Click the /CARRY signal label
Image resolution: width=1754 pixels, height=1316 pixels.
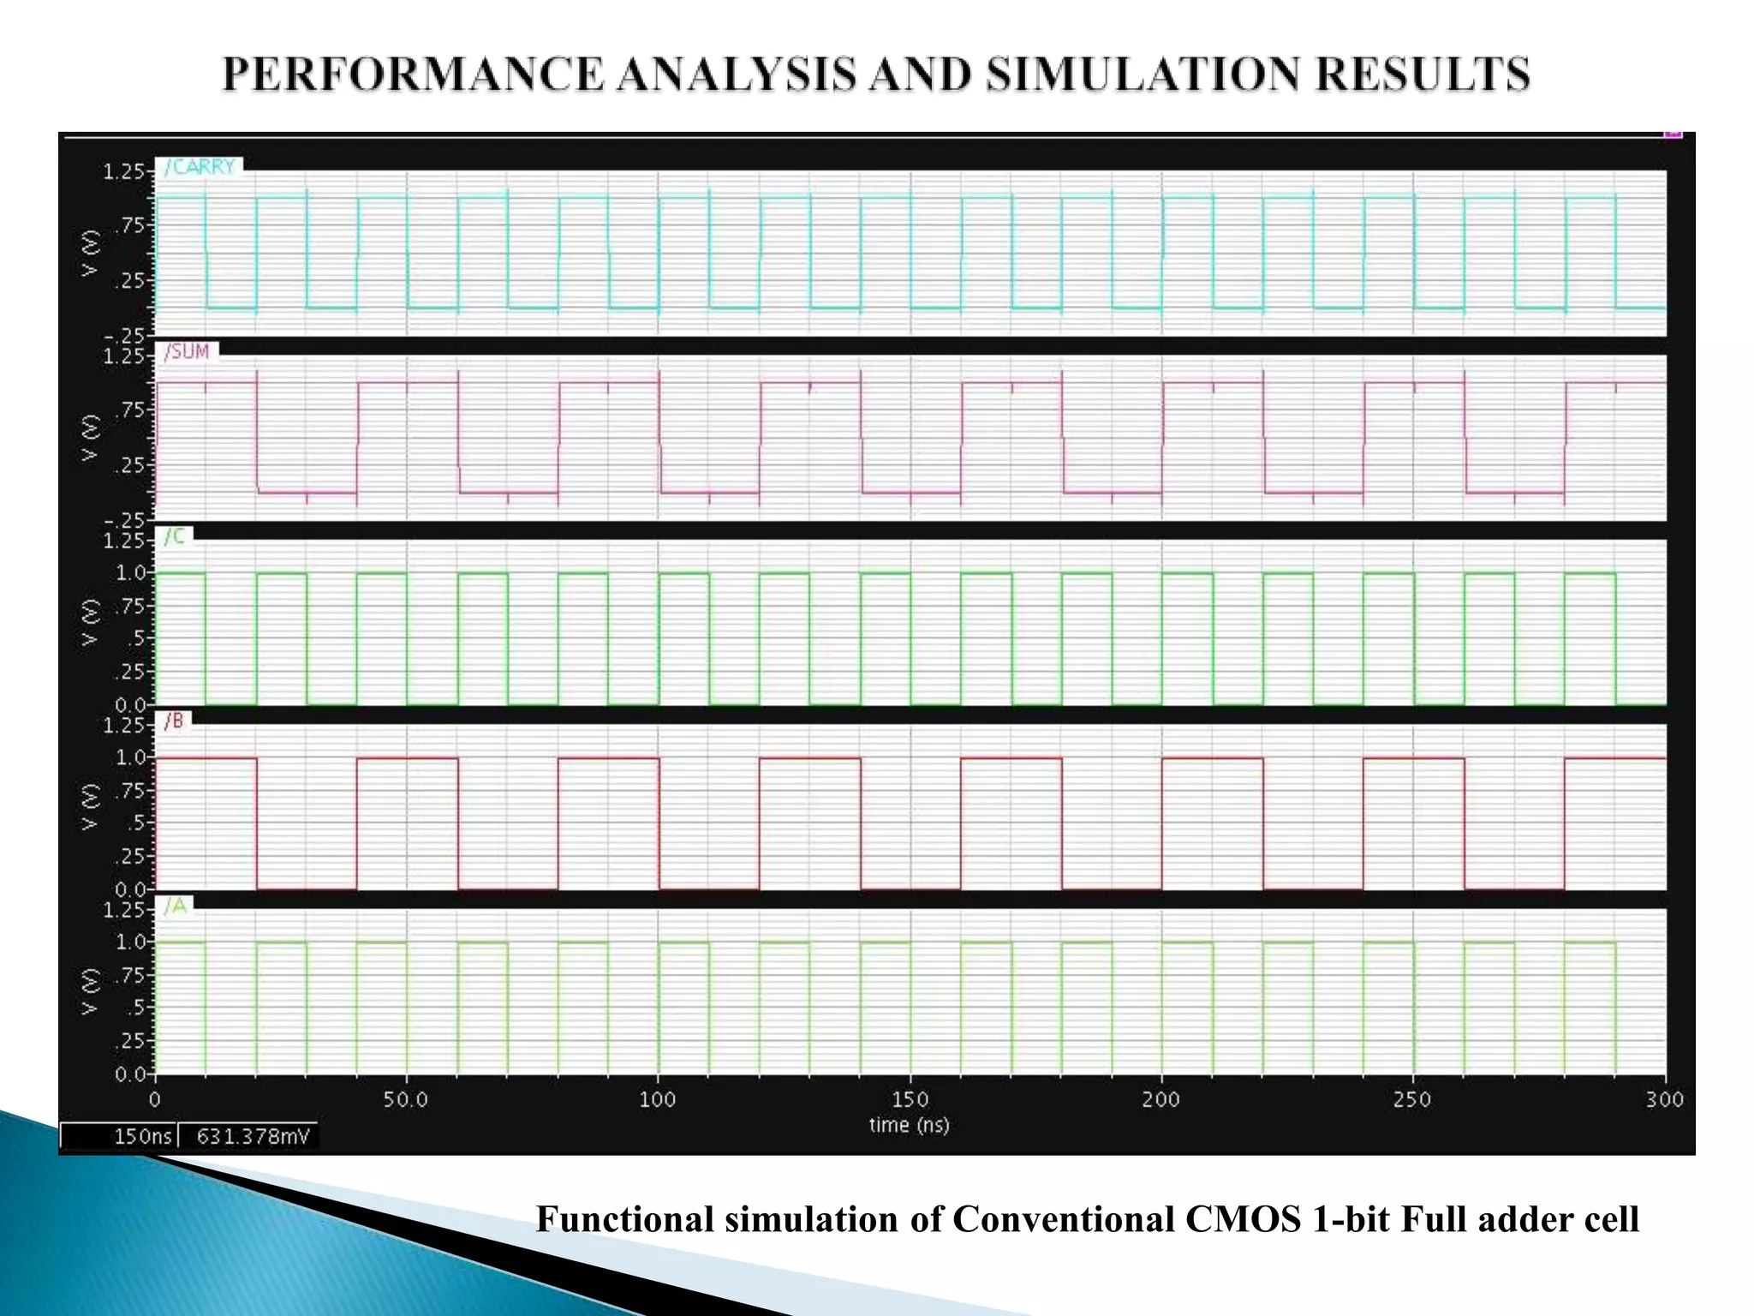(200, 166)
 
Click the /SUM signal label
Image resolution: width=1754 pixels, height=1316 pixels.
(187, 351)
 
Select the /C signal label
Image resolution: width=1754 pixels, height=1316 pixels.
(175, 536)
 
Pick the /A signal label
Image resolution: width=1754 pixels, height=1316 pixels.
(175, 906)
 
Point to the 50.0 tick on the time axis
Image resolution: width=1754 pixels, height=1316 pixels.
(406, 1099)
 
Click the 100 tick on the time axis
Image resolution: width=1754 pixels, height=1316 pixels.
(658, 1099)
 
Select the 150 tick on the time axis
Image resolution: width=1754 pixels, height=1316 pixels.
(910, 1099)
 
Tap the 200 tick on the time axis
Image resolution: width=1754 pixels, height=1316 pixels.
(1161, 1099)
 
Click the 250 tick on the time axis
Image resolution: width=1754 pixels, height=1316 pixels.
(1413, 1099)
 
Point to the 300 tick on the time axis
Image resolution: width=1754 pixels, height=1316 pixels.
(1665, 1099)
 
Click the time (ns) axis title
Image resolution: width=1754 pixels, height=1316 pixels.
(910, 1125)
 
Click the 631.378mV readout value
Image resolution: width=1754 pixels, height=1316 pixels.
(252, 1136)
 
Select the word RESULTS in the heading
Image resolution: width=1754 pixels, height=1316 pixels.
(1423, 74)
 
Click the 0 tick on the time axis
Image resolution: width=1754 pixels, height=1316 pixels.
(155, 1099)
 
